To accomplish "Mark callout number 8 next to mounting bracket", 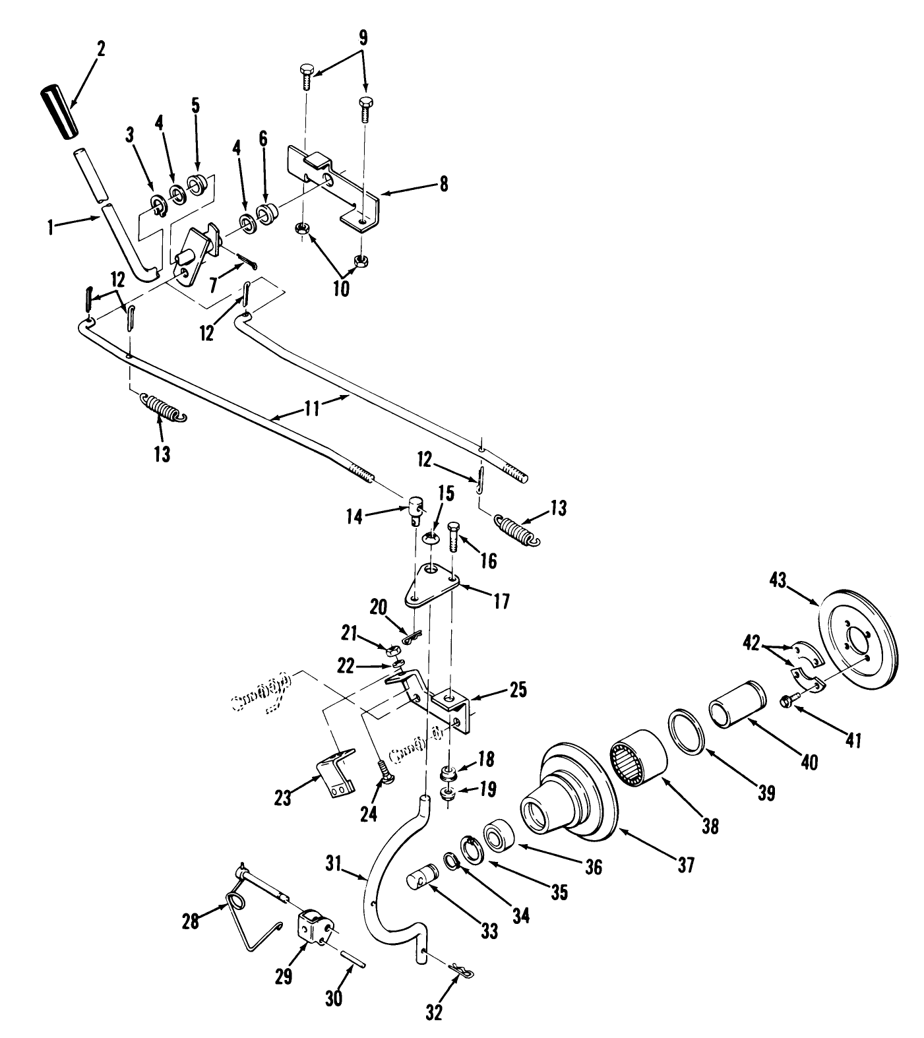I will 443,184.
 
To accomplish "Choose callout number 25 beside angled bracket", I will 518,690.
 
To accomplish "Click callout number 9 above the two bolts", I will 362,38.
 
